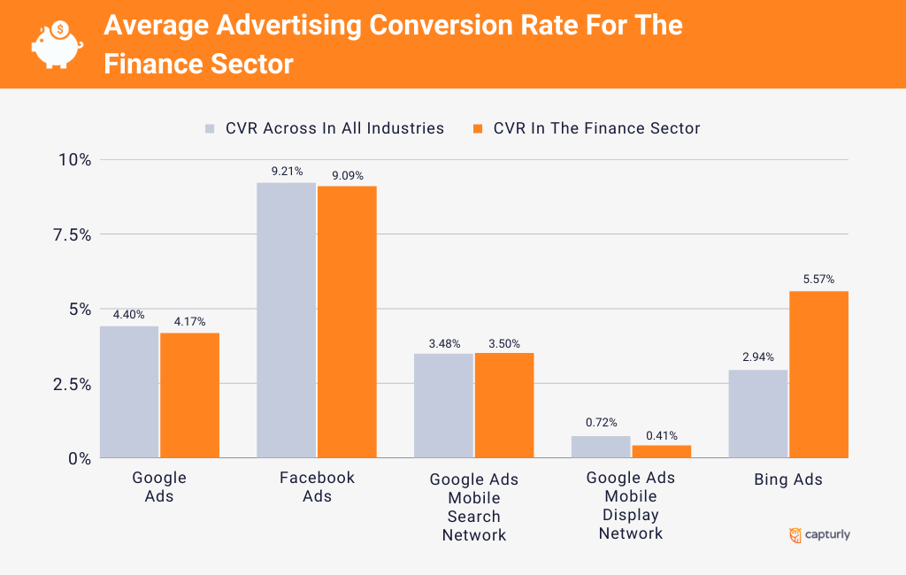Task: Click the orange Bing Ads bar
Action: (818, 374)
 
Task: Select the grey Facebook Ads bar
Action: (286, 320)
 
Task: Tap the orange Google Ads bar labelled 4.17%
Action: (189, 395)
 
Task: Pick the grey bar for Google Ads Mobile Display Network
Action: (601, 447)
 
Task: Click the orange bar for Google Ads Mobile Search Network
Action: (504, 405)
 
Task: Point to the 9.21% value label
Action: (287, 172)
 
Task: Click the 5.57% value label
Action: (818, 280)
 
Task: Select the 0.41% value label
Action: (662, 434)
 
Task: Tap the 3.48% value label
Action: (443, 343)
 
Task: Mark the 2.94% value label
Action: (758, 357)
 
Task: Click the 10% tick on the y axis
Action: (74, 160)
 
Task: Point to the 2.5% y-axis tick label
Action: (71, 384)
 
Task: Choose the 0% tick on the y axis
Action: (80, 458)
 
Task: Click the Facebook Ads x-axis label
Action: (317, 487)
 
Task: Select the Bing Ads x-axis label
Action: (788, 479)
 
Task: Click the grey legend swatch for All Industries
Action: (211, 128)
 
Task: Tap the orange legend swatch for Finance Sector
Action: (478, 128)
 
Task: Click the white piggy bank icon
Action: (57, 43)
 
